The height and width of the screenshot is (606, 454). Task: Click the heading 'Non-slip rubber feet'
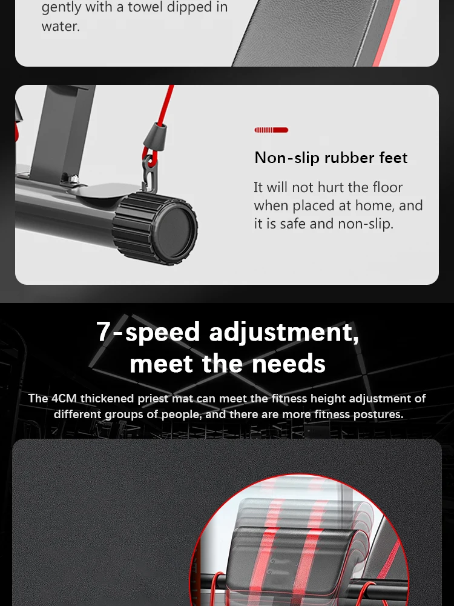pos(331,158)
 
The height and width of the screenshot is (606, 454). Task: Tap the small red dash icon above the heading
pos(271,130)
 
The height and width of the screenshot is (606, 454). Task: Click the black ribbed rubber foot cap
pos(156,227)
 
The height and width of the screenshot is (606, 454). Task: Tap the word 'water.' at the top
pos(61,27)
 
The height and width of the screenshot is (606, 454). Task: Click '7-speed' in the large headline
pos(148,332)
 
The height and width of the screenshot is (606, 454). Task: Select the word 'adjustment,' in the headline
pos(284,332)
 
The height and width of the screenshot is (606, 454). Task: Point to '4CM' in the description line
pos(64,399)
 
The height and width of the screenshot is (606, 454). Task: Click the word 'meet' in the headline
pos(162,364)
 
